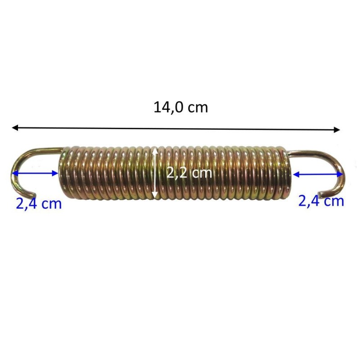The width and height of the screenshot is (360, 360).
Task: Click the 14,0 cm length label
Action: (181, 108)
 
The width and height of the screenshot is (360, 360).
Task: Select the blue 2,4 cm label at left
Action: (39, 204)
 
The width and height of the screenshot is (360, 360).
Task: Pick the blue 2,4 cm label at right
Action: (321, 201)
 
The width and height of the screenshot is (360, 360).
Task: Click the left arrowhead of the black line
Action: (14, 128)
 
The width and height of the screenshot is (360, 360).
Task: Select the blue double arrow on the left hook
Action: (35, 173)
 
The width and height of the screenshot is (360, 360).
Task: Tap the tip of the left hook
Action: (32, 195)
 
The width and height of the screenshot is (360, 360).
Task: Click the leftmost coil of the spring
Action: (64, 172)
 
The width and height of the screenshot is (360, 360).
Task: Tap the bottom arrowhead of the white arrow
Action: (155, 196)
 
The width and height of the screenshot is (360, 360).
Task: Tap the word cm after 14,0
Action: (198, 108)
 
